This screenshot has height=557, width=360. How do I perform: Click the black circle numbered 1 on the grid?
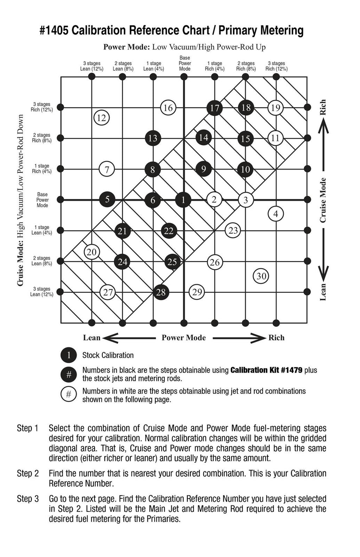point(183,200)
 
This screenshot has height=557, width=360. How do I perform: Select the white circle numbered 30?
point(261,276)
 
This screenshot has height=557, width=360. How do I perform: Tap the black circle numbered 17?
point(214,108)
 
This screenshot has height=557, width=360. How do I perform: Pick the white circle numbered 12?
point(102,118)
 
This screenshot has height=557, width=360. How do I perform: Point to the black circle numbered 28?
point(161,292)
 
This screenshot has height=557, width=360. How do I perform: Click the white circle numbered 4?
point(276,214)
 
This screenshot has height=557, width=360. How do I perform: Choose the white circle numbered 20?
point(92,252)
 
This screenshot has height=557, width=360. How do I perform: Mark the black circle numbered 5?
point(107,200)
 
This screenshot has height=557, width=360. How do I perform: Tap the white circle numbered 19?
point(276,108)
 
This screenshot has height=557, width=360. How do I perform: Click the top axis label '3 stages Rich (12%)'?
point(276,66)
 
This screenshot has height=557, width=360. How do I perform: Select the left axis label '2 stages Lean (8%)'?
point(42,261)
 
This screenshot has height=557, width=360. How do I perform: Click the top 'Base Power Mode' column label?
point(185,63)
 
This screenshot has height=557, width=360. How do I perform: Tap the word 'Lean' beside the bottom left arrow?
point(92,338)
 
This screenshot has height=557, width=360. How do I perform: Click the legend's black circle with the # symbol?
point(69,375)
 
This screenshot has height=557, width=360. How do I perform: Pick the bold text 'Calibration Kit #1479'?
point(266,370)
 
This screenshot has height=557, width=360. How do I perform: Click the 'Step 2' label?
point(28,473)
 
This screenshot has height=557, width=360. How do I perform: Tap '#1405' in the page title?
point(54,31)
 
